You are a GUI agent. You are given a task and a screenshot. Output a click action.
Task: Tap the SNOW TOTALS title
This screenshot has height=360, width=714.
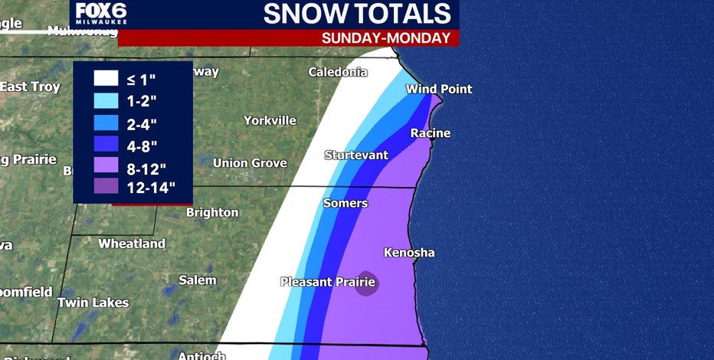356,14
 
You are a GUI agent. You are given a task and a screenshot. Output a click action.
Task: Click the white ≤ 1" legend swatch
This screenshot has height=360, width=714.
104,78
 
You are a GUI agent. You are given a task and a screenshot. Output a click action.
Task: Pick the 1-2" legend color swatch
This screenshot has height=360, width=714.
104,100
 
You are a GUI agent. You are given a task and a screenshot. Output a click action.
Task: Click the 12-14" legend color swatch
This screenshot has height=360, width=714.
104,185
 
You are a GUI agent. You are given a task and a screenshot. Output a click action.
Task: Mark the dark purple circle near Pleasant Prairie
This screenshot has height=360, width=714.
367,283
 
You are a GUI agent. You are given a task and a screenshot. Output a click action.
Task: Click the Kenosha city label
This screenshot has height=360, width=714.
408,253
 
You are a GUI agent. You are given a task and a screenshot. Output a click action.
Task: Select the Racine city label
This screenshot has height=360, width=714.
430,133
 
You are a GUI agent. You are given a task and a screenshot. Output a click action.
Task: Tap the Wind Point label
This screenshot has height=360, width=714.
438,90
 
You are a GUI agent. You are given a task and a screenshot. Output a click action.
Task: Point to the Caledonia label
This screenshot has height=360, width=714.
337,73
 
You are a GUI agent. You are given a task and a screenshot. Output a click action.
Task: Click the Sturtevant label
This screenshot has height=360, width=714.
355,155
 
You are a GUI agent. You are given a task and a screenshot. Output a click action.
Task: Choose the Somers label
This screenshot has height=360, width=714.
345,204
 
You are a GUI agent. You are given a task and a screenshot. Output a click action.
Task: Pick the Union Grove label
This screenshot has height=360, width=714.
249,163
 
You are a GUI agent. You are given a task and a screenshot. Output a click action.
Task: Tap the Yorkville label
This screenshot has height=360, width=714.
270,120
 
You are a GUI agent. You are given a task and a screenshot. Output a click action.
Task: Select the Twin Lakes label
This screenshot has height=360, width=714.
93,303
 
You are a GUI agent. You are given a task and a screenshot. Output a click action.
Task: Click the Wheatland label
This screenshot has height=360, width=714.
131,244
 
